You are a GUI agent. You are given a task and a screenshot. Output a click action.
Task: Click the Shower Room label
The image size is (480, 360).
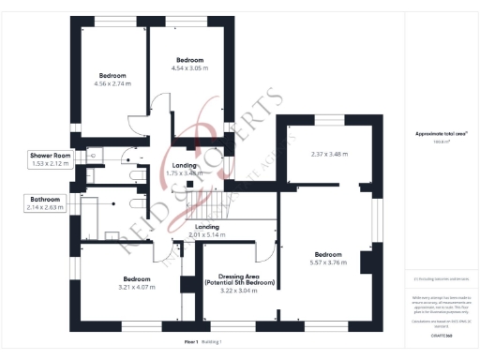click(x=50, y=155)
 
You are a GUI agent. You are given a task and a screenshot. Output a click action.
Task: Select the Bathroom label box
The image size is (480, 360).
click(x=44, y=200)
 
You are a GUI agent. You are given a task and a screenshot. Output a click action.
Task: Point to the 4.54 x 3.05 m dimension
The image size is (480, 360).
click(x=188, y=68)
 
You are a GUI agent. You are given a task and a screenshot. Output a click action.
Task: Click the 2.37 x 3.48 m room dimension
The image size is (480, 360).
click(x=329, y=155)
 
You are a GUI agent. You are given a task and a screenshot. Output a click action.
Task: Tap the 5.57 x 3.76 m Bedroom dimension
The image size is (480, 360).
click(x=328, y=263)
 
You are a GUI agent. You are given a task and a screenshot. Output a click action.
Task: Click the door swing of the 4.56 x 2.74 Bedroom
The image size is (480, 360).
click(x=138, y=123)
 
